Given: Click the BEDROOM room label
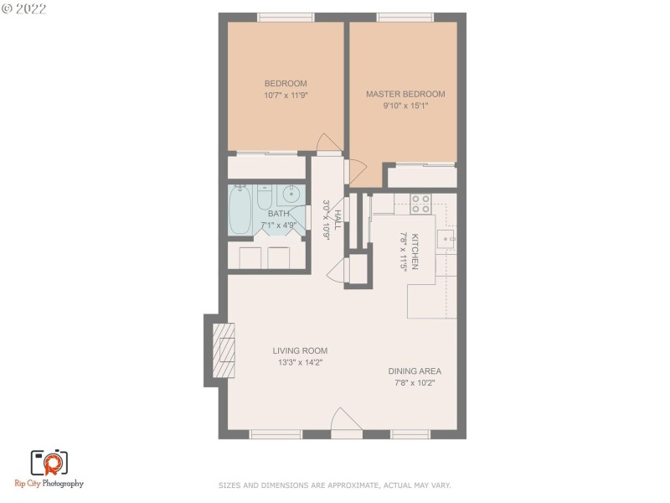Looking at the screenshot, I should click(286, 83).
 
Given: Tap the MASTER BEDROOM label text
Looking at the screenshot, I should click(405, 94).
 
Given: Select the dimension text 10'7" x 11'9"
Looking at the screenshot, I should click(286, 96).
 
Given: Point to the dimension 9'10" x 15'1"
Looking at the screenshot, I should click(405, 106).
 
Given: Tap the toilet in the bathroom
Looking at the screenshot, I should click(265, 198).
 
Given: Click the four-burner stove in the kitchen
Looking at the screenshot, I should click(420, 203).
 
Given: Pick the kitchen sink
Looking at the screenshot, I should click(446, 239).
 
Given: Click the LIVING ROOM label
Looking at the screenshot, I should click(300, 350).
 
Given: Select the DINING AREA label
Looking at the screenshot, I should click(414, 371).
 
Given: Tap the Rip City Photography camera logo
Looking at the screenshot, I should click(49, 462).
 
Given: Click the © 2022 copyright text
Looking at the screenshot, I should click(25, 9).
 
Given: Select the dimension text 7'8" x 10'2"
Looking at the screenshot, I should click(414, 383).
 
